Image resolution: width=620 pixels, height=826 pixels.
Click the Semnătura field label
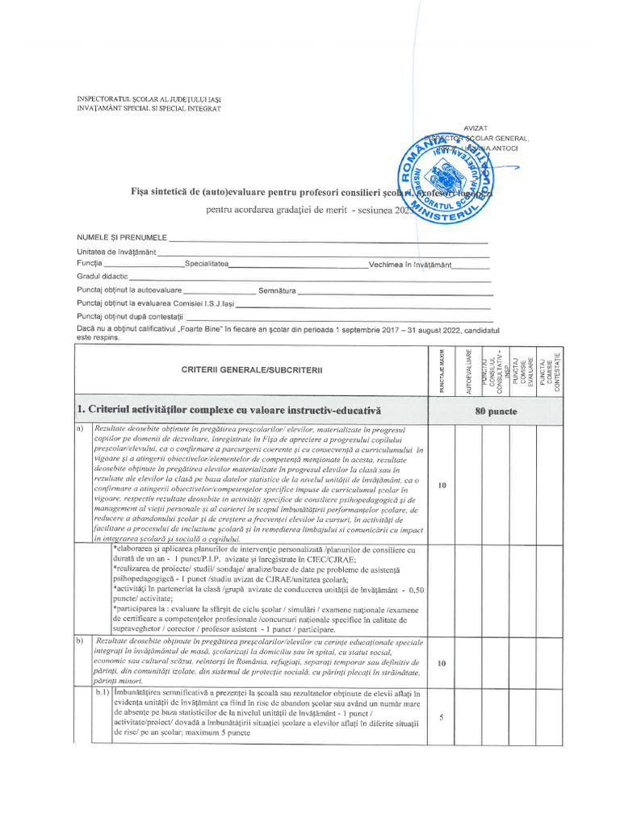(277, 290)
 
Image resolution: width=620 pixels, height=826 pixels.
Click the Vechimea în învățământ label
(409, 265)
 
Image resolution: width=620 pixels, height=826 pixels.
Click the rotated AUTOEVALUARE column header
(468, 371)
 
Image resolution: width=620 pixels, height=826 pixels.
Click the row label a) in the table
(81, 428)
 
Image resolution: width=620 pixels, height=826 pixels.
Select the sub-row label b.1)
(102, 693)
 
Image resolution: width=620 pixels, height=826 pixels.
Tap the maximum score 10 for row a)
(442, 486)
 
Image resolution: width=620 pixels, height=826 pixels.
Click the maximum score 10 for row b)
(442, 664)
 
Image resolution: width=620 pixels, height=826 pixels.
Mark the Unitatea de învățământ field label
(116, 252)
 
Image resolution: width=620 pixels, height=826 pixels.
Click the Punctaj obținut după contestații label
(131, 316)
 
